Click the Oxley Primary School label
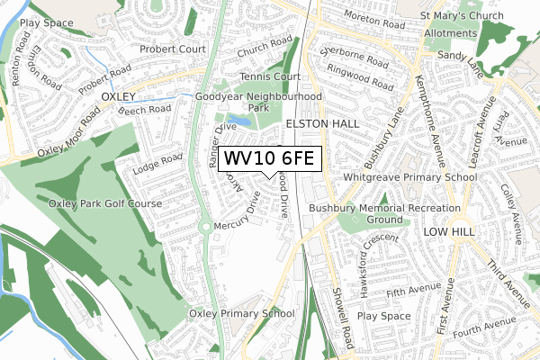[x=241, y=313]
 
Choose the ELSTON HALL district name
[x=322, y=123]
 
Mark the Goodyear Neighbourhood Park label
[x=258, y=102]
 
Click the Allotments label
[x=450, y=33]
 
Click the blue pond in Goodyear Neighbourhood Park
[x=239, y=119]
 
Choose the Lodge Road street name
[x=157, y=166]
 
